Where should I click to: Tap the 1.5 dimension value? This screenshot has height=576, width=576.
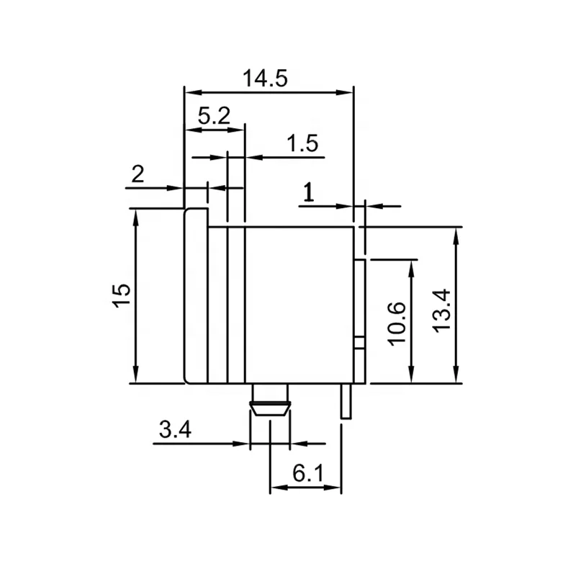point(302,144)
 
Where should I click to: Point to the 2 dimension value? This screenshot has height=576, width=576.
point(138,174)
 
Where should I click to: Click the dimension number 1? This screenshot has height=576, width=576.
point(308,193)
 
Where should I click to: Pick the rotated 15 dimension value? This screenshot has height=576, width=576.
point(122,295)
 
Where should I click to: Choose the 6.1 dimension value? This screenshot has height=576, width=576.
point(308,474)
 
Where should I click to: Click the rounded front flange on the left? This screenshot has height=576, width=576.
point(196,295)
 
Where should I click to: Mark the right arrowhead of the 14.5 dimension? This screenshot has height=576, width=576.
point(348,91)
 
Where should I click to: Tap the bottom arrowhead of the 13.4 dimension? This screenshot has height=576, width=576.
point(456,377)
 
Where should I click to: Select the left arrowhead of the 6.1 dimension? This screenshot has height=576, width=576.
point(275,487)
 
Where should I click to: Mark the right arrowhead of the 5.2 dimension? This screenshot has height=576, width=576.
point(239,130)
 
